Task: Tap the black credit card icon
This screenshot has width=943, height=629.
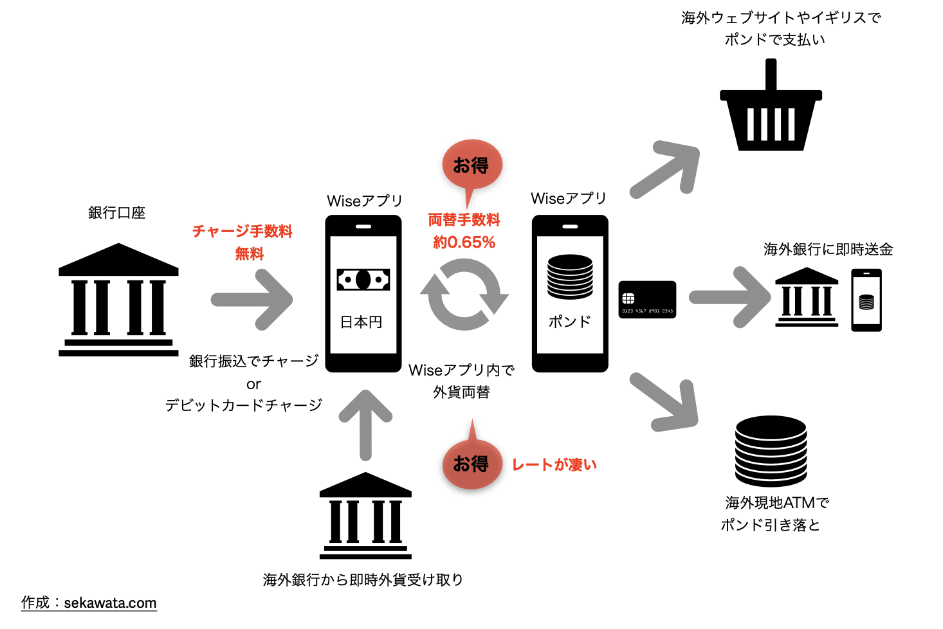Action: pos(647,300)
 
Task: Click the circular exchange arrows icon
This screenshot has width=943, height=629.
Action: pos(464,295)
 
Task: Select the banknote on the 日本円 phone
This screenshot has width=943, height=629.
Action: pos(363,280)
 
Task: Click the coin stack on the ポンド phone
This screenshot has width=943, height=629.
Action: pos(570,277)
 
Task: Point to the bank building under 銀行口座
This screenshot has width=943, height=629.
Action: pos(118,300)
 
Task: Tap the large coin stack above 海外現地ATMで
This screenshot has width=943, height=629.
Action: pos(771,450)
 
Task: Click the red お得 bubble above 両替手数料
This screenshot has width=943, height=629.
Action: pos(471,165)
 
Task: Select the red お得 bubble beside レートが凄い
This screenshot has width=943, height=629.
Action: pos(471,464)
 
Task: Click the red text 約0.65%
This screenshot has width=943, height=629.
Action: pos(464,242)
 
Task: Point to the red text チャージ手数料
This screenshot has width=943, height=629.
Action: pos(243,232)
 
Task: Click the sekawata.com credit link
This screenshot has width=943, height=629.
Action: pos(110,603)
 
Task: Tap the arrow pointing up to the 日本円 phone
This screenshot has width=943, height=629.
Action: pos(365,424)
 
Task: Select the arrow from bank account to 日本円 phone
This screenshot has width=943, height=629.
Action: pos(253,300)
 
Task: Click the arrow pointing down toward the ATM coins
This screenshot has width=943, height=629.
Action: pos(666,403)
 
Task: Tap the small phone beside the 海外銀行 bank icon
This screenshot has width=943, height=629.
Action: pos(866,300)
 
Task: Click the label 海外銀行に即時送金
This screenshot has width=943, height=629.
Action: pos(828,250)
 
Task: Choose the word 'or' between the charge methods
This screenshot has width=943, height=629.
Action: pos(253,385)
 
